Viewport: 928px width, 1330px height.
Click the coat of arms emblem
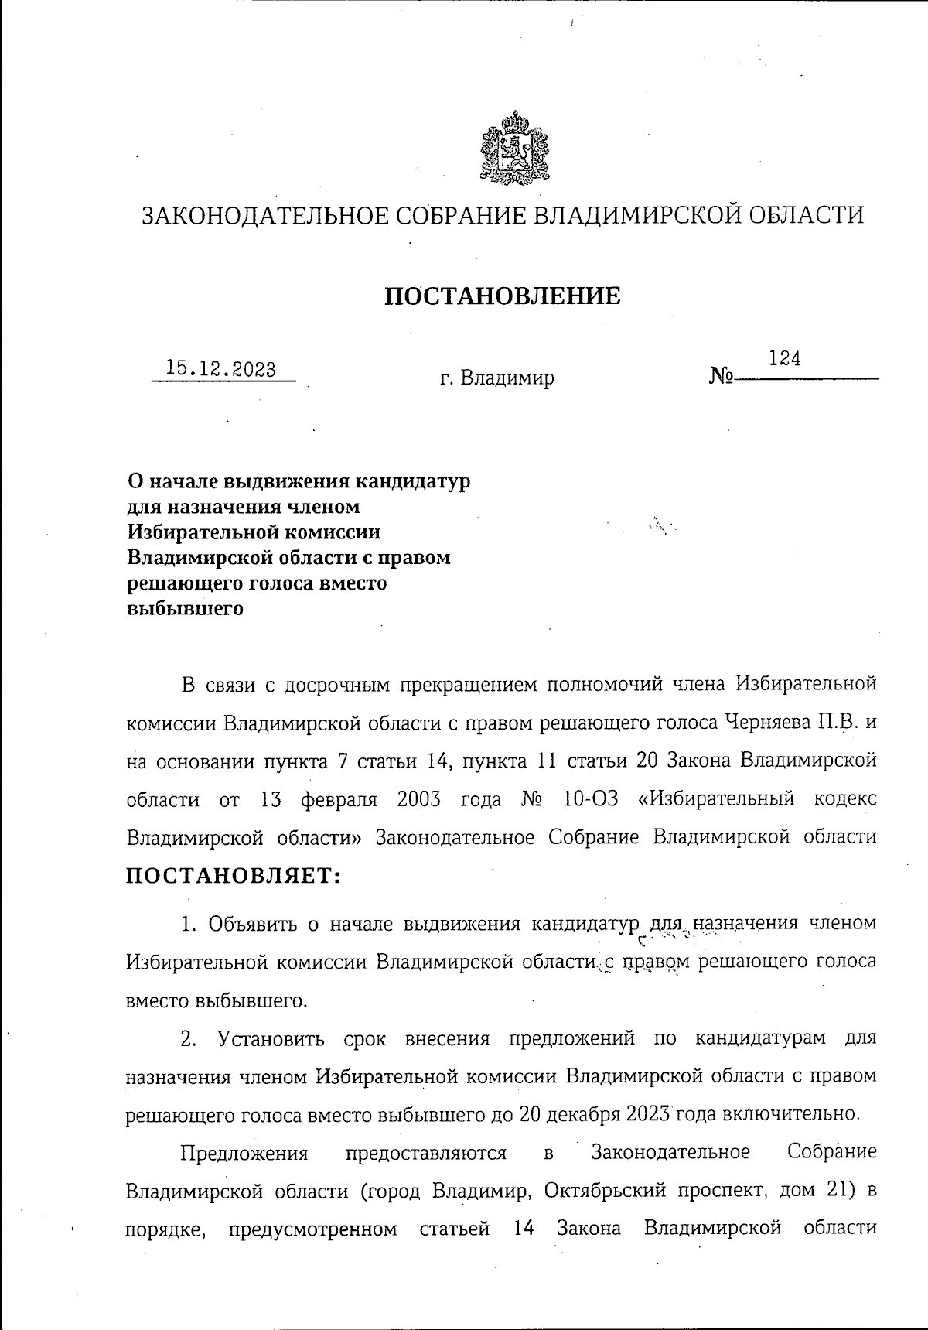click(514, 148)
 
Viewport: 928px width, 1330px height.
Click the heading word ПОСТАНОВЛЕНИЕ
click(503, 296)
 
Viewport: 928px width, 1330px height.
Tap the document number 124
click(784, 358)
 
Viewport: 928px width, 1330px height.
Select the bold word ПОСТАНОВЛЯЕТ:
click(234, 876)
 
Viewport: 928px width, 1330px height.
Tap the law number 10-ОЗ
click(591, 798)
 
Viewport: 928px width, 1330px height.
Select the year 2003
click(418, 798)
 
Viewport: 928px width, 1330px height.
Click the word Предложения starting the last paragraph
click(244, 1152)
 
